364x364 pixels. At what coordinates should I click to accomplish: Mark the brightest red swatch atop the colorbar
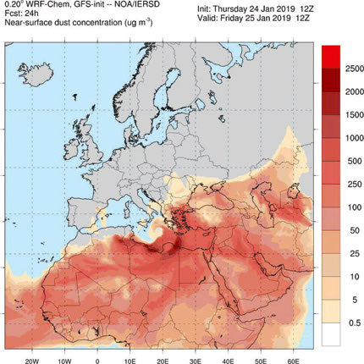pyautogui.click(x=333, y=53)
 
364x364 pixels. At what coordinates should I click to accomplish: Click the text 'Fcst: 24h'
pyautogui.click(x=23, y=14)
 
